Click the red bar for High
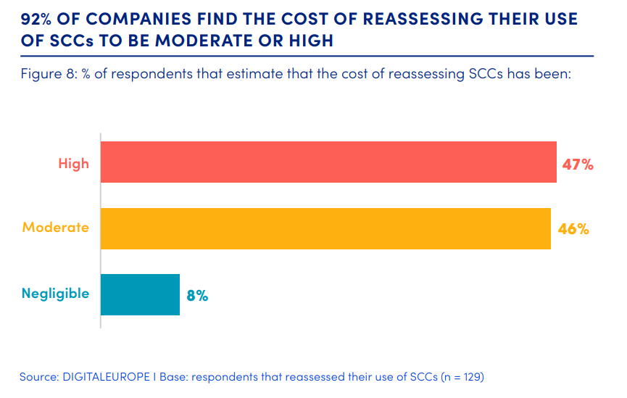(328, 162)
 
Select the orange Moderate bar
(325, 228)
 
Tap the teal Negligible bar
(140, 294)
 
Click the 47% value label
(578, 165)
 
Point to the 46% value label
(573, 229)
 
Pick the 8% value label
(197, 295)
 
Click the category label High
(73, 163)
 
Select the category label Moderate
(56, 228)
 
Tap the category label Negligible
(55, 294)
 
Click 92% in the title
(41, 19)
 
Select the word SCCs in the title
(71, 41)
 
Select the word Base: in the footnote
(175, 377)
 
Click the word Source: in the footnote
(38, 377)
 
